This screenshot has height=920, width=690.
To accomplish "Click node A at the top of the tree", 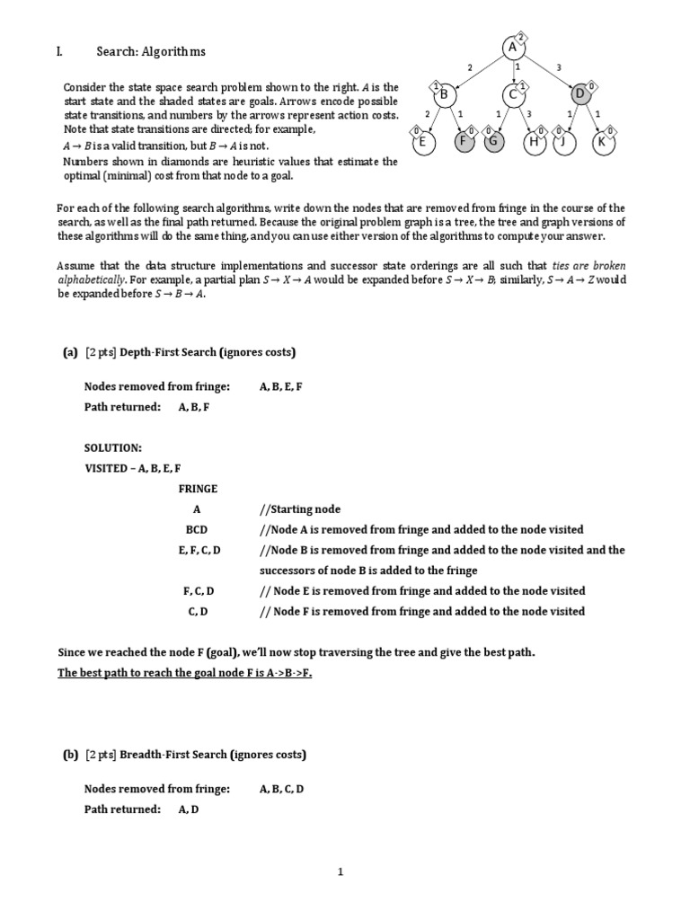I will (512, 47).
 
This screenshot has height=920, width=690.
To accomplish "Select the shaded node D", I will (579, 94).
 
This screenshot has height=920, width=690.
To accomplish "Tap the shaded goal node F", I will (464, 141).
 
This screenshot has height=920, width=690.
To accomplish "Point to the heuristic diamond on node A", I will (524, 36).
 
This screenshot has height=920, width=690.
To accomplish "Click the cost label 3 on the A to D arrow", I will (559, 66).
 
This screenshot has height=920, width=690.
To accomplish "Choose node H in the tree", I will (535, 141).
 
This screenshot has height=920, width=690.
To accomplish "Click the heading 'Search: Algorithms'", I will (151, 52).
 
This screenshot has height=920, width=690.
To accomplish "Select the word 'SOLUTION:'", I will (112, 447).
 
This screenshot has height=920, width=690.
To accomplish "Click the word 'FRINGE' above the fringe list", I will (198, 489).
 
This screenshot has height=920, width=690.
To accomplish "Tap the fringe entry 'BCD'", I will (197, 530).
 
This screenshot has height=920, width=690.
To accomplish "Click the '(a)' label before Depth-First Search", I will (70, 351).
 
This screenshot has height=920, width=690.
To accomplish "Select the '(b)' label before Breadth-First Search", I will (70, 754).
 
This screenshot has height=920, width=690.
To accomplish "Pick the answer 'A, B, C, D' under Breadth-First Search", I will (282, 789).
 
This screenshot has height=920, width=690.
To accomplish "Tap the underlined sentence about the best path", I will (185, 673).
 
